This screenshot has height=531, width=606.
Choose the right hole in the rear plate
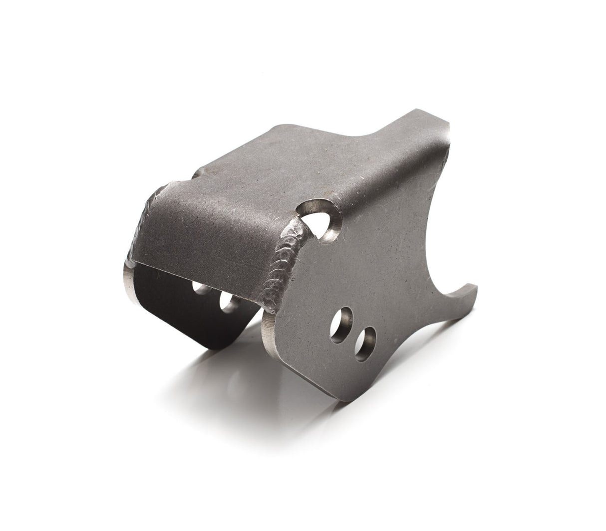228,301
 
